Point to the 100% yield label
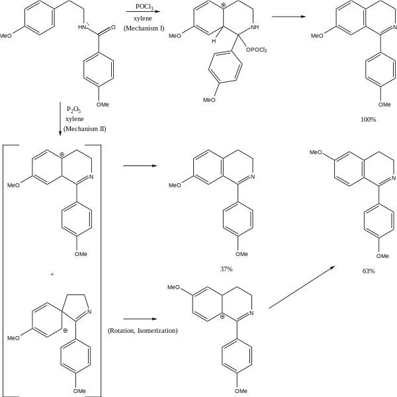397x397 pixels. [369, 119]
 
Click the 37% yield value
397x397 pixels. [226, 269]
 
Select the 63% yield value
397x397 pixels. [369, 271]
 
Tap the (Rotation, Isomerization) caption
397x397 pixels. [142, 330]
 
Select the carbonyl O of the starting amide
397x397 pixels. [114, 28]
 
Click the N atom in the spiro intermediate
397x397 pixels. [89, 312]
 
